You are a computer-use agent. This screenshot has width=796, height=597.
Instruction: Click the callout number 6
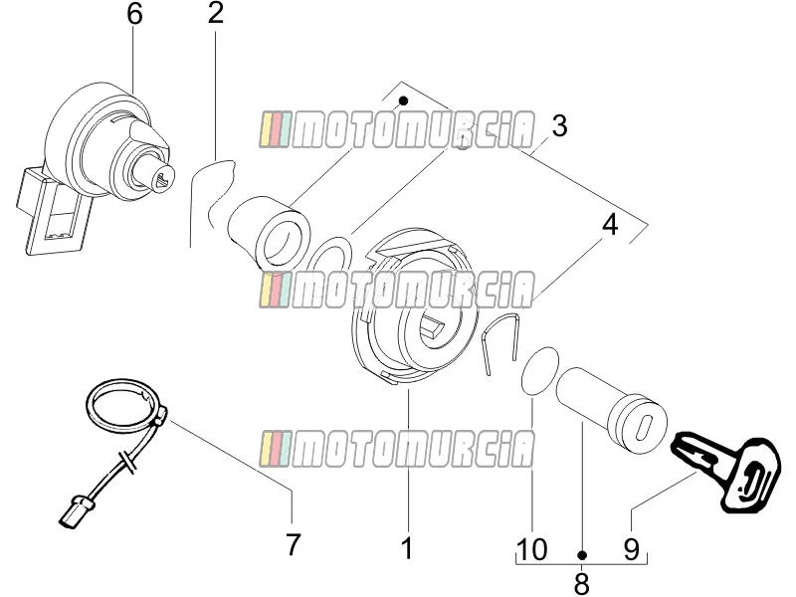pos(134,14)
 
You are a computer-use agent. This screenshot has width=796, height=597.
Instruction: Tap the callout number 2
pos(215,13)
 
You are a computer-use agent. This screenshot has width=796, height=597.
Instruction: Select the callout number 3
pos(559,126)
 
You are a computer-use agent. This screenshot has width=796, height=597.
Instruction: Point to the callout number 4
pos(610,225)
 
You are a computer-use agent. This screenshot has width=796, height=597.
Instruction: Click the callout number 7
pos(293,544)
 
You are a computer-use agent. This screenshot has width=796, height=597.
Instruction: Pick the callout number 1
pos(407,548)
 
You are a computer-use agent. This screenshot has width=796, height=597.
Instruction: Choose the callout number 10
pos(532,549)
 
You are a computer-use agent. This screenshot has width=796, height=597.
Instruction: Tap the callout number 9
pos(631,549)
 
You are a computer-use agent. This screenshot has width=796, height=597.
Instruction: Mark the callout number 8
pos(582,584)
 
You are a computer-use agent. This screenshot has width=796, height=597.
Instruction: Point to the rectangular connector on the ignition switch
pos(51,213)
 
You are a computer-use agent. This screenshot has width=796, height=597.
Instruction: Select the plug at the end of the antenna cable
pos(76,511)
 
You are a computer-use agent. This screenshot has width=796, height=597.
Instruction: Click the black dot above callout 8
pos(582,555)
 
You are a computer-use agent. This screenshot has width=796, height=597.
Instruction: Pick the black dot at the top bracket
pos(404,100)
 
